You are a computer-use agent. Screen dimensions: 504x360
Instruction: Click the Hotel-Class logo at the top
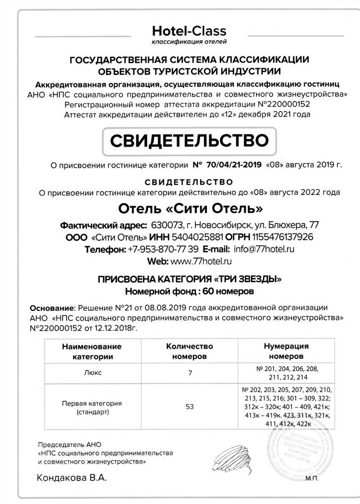coord(189,35)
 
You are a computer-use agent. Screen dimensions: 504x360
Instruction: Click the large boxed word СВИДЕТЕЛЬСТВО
coord(189,141)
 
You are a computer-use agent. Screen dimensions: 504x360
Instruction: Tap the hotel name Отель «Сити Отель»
coord(191,209)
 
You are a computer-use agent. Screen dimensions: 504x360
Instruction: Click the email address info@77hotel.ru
coord(264,249)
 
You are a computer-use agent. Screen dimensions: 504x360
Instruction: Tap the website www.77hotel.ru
coord(202,261)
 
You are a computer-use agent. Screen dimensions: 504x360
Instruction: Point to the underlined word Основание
coord(50,307)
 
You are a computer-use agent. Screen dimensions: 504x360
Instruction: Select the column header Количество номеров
coord(189,351)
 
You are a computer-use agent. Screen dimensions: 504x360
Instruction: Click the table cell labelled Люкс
coord(91,372)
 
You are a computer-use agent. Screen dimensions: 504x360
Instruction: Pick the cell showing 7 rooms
coord(189,372)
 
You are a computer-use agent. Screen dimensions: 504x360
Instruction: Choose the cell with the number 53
coord(189,407)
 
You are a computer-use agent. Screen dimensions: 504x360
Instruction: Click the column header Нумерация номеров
coord(286,351)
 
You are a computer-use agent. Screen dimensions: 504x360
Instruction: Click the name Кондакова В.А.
coord(70,479)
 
